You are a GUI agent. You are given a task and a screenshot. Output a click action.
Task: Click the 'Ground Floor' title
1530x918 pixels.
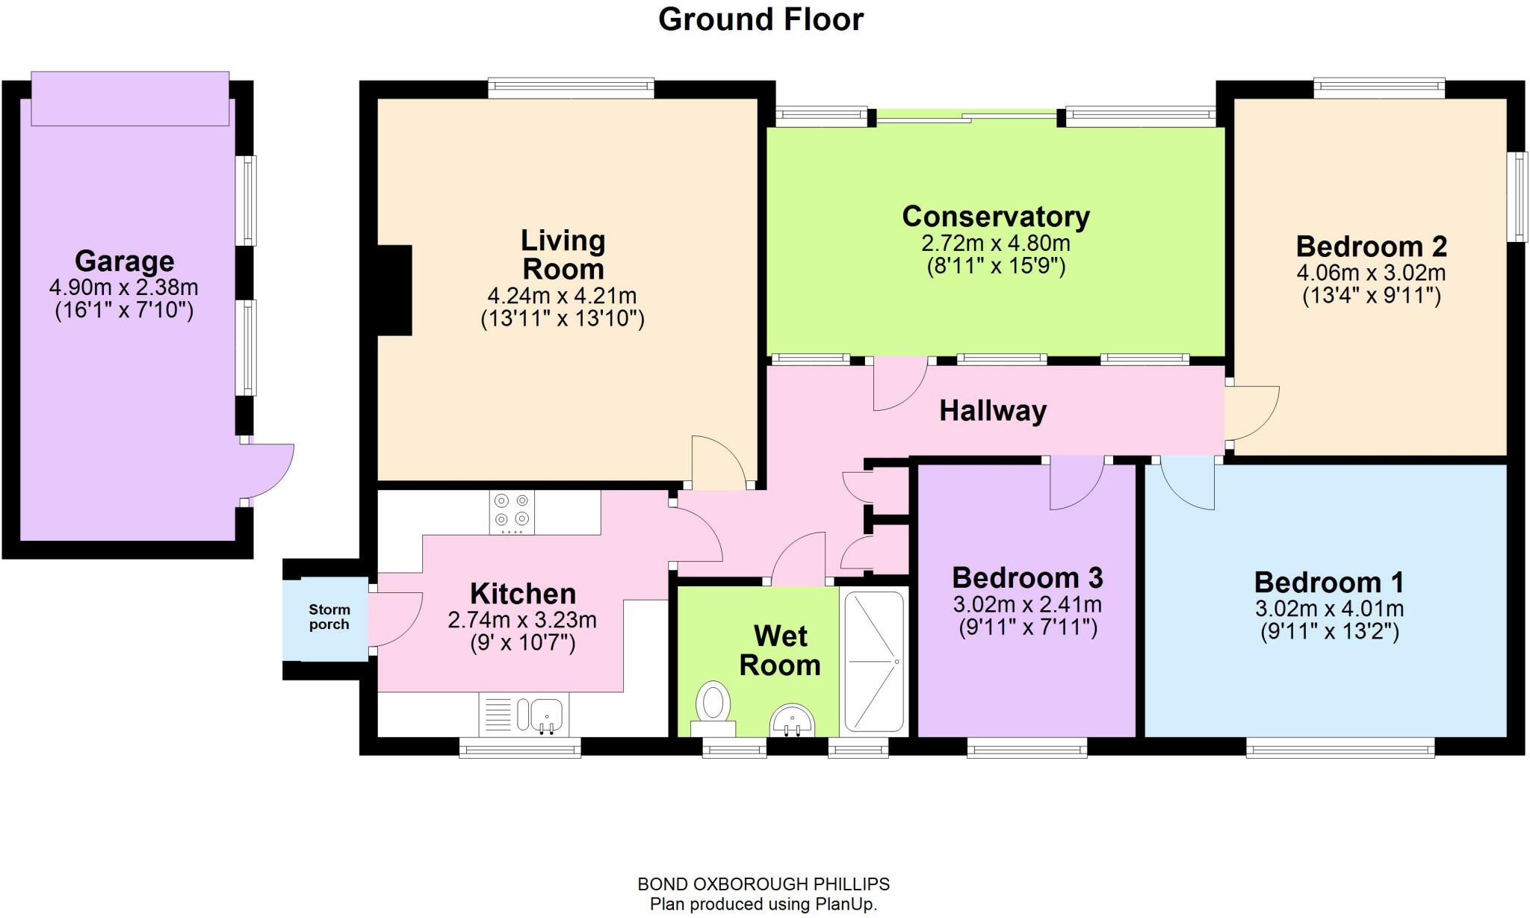tap(761, 20)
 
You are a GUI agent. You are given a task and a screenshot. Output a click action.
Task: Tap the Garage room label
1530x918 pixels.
tap(124, 261)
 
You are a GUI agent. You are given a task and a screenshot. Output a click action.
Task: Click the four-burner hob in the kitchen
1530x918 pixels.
tap(512, 511)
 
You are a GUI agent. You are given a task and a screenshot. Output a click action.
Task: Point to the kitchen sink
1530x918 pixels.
tap(547, 714)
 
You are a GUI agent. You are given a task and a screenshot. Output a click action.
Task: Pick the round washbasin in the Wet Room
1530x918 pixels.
tap(792, 720)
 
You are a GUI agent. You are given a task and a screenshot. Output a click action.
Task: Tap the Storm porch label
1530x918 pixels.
tap(329, 617)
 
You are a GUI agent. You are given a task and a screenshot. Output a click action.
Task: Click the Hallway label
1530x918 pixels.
tap(992, 411)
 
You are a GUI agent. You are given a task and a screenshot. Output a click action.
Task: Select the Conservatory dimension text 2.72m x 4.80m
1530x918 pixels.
tap(995, 244)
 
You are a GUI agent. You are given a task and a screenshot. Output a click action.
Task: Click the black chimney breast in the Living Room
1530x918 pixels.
tap(395, 290)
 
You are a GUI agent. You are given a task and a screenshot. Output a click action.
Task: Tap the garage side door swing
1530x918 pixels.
tap(270, 471)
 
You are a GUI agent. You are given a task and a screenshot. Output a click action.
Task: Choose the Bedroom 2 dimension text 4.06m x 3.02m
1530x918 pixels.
tap(1371, 273)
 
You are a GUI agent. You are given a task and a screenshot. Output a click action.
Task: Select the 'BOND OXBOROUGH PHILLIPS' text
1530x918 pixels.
tap(763, 884)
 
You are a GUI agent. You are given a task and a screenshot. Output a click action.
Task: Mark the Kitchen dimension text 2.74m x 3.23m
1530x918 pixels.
tap(521, 620)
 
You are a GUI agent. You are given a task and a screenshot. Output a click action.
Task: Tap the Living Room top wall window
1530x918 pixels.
tap(571, 89)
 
